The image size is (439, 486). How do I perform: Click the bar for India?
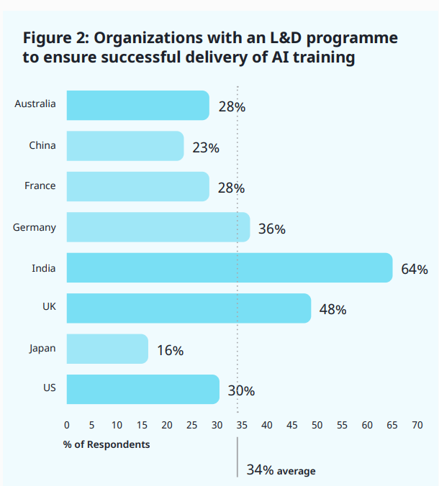click(x=229, y=267)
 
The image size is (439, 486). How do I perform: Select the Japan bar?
click(x=107, y=349)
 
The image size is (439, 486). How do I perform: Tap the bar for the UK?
click(x=189, y=308)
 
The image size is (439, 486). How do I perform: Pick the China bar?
click(x=125, y=146)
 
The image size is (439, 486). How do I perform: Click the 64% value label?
click(x=415, y=270)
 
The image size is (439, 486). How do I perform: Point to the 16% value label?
click(x=170, y=351)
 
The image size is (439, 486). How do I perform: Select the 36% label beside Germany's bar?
click(x=272, y=229)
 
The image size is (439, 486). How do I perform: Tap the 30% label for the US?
click(x=241, y=391)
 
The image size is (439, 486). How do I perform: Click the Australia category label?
click(x=35, y=104)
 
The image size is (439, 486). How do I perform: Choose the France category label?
click(x=40, y=185)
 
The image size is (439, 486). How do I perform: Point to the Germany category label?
click(x=34, y=227)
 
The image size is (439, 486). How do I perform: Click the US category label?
click(x=49, y=388)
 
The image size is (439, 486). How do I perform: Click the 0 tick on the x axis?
click(x=67, y=425)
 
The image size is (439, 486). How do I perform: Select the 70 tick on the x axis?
click(x=417, y=425)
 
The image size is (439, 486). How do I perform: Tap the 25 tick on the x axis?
click(x=192, y=425)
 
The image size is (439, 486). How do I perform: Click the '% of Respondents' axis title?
click(x=107, y=444)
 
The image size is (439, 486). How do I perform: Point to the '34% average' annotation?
click(x=281, y=470)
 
